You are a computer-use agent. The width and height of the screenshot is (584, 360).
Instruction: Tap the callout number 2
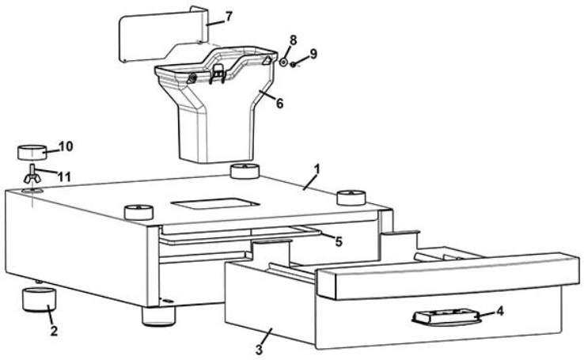54,332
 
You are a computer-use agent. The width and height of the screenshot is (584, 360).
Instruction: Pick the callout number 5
338,242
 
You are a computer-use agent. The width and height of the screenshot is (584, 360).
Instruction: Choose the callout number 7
229,17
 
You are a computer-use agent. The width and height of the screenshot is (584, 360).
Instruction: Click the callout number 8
293,39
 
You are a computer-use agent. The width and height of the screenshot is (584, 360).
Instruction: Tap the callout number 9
313,54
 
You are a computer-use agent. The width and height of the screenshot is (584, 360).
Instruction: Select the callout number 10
66,146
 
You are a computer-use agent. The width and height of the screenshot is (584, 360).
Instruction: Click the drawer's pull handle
443,317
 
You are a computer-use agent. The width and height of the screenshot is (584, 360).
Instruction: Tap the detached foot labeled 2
39,302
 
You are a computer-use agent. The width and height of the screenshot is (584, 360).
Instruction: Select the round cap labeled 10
32,151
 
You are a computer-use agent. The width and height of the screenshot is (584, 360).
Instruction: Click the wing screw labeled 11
30,176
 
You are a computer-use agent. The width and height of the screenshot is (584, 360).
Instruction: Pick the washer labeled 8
283,61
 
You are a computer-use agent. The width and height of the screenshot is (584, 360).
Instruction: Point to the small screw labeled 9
294,64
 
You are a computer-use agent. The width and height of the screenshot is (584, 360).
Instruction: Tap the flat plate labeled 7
158,36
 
